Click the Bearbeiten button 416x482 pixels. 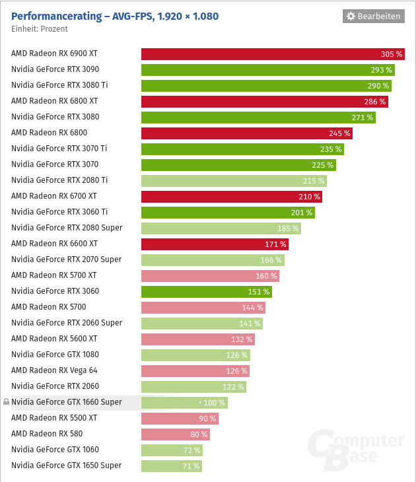[x=373, y=16]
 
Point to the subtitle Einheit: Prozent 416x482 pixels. [x=40, y=29]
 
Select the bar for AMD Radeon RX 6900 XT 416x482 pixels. [x=272, y=54]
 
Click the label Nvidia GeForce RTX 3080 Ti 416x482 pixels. [x=59, y=85]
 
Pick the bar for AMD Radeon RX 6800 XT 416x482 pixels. [x=264, y=102]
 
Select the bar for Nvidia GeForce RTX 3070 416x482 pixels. [x=238, y=165]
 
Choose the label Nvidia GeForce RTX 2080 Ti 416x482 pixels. [x=59, y=180]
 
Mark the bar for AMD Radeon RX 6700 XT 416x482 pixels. [x=231, y=197]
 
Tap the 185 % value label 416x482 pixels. [x=288, y=228]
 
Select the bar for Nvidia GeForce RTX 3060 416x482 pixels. [x=206, y=292]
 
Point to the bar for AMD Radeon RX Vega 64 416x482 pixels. [x=195, y=371]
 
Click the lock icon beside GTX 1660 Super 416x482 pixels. [x=7, y=402]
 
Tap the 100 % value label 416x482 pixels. [x=214, y=403]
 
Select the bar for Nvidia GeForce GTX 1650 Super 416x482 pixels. [x=171, y=466]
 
